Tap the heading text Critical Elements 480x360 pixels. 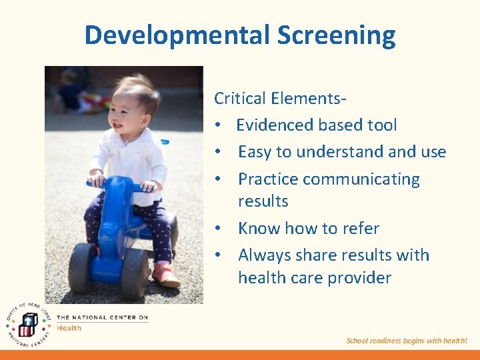tap(279, 99)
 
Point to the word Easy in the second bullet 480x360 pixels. tap(255, 152)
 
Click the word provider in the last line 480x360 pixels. tap(357, 278)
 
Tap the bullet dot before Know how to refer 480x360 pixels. tap(219, 229)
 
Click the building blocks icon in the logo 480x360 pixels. tap(27, 325)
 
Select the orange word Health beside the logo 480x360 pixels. tap(69, 328)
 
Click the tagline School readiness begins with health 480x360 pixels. tap(407, 341)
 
